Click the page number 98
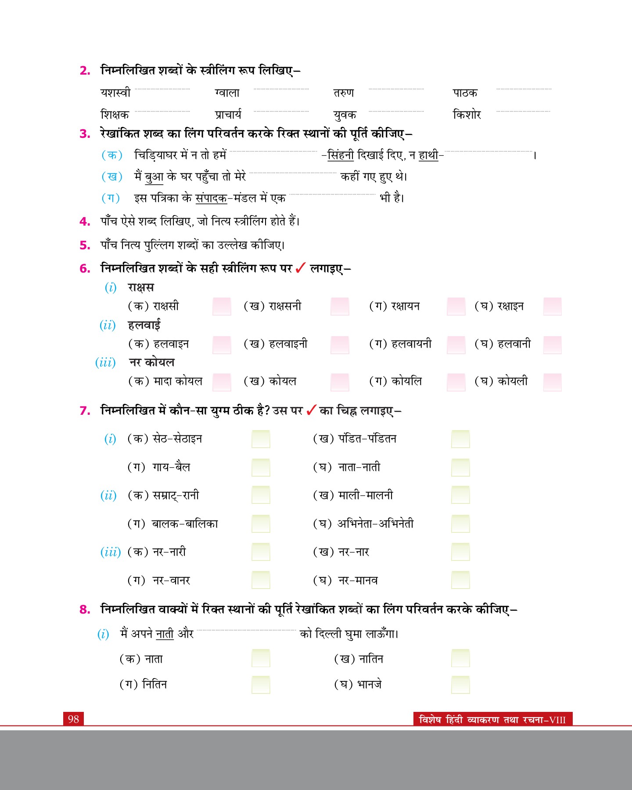73,719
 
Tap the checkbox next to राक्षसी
222,306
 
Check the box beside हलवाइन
222,345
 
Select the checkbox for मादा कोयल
222,382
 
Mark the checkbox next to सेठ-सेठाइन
261,439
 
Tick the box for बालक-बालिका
261,524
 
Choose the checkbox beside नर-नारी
261,552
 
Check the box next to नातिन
460,658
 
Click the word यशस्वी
115,93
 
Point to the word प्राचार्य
228,115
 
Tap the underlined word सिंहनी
341,155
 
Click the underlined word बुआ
154,177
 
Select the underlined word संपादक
211,198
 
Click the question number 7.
85,411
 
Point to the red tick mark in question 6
301,268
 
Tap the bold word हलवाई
144,325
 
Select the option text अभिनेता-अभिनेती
375,524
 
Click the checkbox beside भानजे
460,684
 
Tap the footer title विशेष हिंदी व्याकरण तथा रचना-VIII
492,720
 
